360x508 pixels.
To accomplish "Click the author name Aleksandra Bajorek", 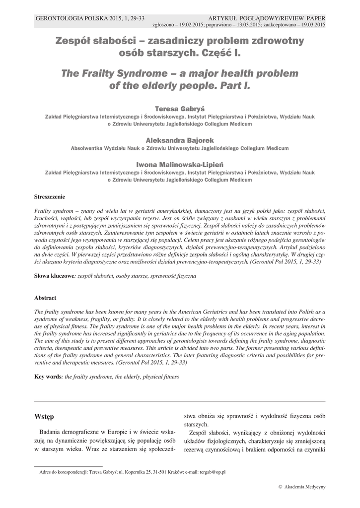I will click(180, 140).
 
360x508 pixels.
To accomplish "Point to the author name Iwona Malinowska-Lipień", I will click(180, 164).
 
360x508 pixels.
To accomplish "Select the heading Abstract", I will click(45, 298).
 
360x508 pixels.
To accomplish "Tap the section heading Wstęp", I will click(44, 416).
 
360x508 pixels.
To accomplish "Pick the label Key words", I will click(47, 377).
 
